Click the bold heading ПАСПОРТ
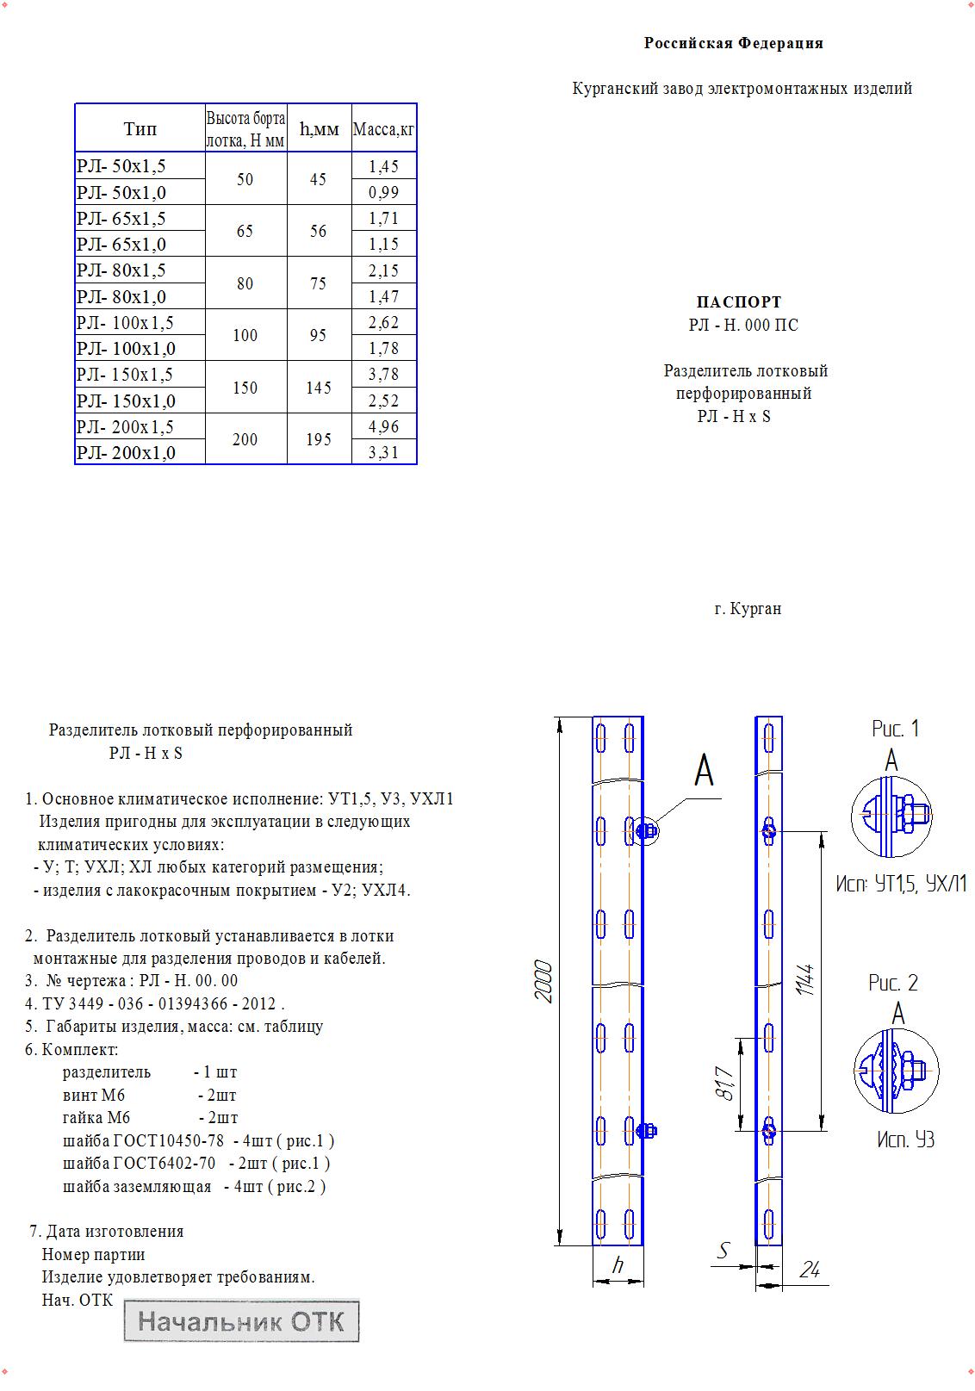(x=738, y=302)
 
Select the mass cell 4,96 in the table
(x=383, y=426)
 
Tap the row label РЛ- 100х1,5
(x=125, y=323)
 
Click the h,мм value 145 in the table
(x=319, y=388)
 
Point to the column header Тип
(x=140, y=129)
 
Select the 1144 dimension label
(x=805, y=980)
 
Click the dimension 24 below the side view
(x=810, y=1269)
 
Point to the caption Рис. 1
(x=895, y=729)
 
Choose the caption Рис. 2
(x=893, y=983)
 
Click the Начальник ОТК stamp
(x=241, y=1321)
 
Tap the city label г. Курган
(x=748, y=609)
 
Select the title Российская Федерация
(x=733, y=43)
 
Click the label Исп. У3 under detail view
(x=905, y=1140)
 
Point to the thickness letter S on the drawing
(x=724, y=1251)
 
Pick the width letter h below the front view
(x=618, y=1266)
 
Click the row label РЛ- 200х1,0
(x=126, y=453)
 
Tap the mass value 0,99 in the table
(x=383, y=192)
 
